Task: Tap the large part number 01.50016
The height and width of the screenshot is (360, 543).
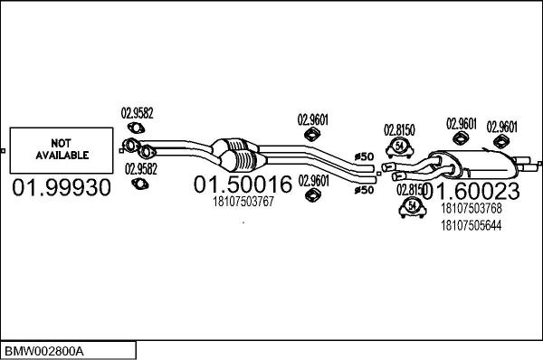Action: (243, 185)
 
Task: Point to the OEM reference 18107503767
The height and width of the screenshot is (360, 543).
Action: (242, 202)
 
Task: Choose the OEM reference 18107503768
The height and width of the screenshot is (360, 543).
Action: (470, 208)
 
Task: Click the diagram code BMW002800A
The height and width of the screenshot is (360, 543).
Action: (44, 349)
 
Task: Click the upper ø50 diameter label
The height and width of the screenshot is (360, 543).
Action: (364, 156)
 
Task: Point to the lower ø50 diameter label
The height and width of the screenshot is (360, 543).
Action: (364, 190)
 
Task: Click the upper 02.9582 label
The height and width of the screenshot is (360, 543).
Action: (138, 113)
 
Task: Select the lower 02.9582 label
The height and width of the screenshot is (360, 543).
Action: (140, 169)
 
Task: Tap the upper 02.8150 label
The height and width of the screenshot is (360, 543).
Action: (399, 129)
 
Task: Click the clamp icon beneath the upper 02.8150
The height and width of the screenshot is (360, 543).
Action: (398, 147)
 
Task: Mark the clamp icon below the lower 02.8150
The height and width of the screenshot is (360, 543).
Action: (411, 209)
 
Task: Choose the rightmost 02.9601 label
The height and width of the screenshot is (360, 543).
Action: (502, 126)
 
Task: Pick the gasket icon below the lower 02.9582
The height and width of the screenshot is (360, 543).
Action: (139, 185)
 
